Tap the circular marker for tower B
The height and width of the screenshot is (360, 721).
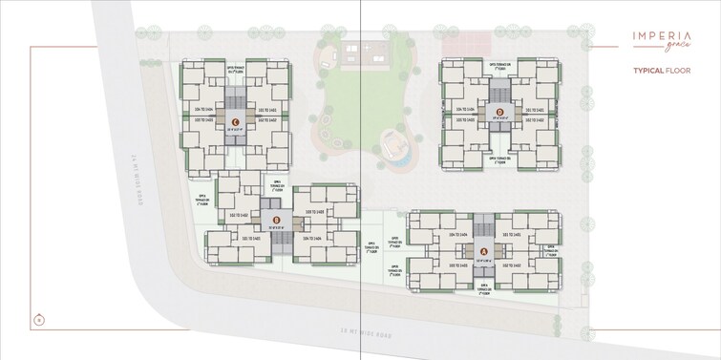click(x=275, y=220)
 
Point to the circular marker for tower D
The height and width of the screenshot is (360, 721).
click(x=499, y=112)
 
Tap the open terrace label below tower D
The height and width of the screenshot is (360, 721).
click(x=499, y=159)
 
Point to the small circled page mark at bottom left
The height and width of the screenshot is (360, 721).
click(x=37, y=318)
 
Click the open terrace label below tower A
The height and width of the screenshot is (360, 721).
click(x=484, y=290)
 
